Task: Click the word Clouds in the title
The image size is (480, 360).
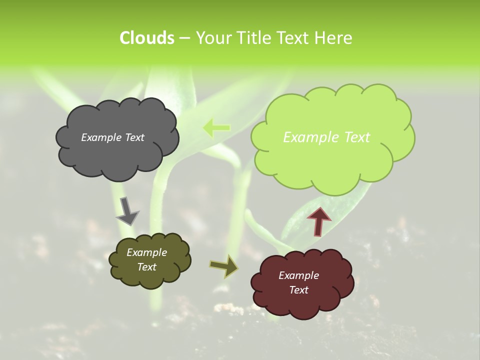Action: (146, 38)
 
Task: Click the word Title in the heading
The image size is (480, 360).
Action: (251, 38)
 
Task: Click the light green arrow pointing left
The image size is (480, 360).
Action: (216, 128)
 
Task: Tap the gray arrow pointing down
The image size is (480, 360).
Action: (127, 210)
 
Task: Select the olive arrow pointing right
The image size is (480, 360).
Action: (224, 266)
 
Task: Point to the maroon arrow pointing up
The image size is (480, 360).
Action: (319, 221)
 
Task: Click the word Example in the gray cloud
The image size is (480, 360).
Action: (101, 137)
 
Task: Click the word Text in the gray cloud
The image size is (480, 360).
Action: (134, 137)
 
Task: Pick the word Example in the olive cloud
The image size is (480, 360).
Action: (146, 252)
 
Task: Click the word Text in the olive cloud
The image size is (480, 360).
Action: (146, 267)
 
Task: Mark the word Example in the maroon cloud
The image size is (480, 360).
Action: (298, 275)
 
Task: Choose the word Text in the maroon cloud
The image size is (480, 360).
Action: (298, 290)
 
